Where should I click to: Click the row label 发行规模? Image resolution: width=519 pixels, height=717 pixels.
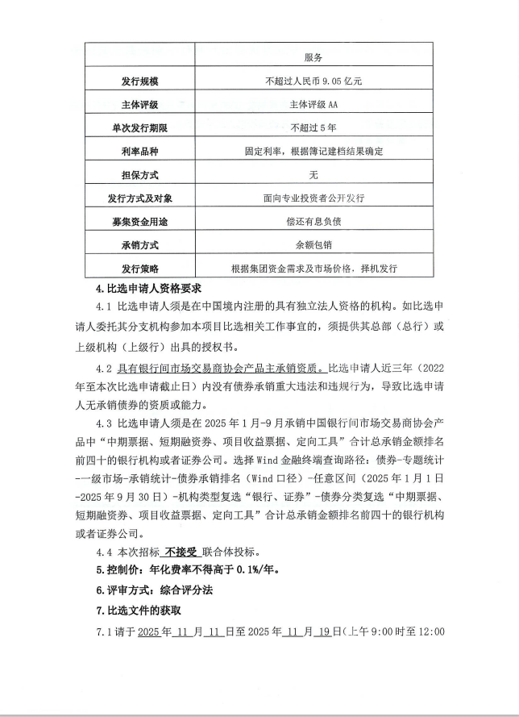[x=135, y=81]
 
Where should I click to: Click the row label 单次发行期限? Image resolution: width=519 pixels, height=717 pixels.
[x=135, y=128]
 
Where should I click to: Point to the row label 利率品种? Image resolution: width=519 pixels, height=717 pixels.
[x=135, y=152]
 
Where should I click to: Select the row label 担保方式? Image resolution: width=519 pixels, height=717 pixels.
[x=135, y=175]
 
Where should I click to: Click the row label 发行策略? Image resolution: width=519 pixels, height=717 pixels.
[x=135, y=269]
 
